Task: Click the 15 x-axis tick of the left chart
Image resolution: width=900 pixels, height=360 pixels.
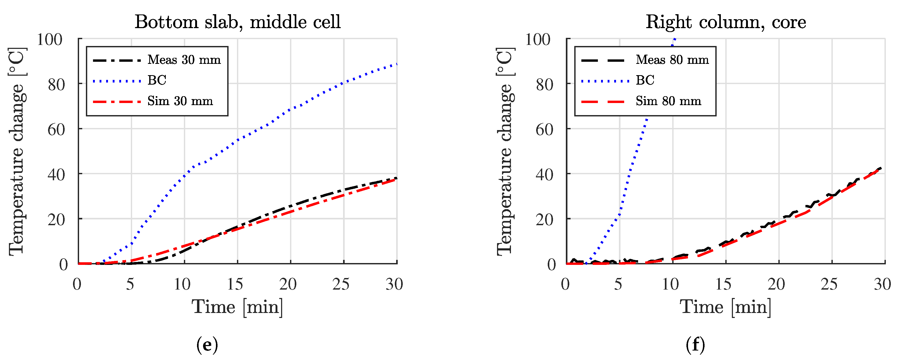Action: (235, 284)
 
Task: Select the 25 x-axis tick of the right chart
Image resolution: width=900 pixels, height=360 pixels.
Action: (829, 284)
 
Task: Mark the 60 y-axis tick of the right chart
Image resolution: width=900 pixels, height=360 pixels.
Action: (544, 130)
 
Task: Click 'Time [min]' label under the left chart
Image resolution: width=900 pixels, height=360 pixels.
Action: (237, 307)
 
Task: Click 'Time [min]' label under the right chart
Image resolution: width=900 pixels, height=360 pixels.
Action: (725, 307)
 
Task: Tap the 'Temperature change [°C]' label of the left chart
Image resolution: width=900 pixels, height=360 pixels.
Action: (17, 151)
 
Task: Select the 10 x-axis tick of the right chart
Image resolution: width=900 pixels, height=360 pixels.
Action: (670, 284)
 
